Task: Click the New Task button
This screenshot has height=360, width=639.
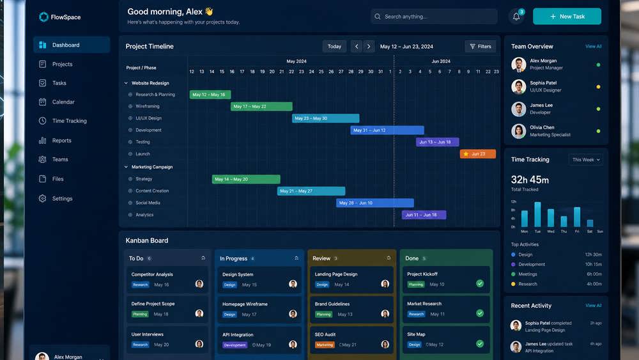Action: (x=567, y=17)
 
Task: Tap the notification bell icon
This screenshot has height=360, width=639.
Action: (x=516, y=17)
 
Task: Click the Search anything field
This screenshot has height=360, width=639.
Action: (x=434, y=17)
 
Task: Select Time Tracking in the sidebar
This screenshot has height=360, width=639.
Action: (x=69, y=121)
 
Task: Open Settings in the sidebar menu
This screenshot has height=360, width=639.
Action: (x=62, y=199)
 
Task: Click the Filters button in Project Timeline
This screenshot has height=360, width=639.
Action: (x=480, y=47)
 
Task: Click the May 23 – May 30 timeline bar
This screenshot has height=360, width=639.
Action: (x=326, y=118)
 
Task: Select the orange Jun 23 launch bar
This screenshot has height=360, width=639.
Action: (x=477, y=153)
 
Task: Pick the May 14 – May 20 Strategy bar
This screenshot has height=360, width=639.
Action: (x=246, y=179)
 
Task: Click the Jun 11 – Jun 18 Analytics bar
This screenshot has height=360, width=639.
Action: (x=424, y=215)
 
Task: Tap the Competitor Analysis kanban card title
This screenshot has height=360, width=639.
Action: (x=152, y=274)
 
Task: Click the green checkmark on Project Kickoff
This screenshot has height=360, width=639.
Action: (x=480, y=283)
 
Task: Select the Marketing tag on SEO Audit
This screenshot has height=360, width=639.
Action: (x=325, y=345)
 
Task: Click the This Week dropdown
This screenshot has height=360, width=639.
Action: (x=585, y=160)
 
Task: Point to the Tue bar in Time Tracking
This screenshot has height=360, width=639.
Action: (x=537, y=214)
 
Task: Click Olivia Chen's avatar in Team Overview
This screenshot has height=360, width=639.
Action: (x=519, y=131)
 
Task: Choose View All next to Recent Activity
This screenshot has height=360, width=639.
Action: (x=594, y=306)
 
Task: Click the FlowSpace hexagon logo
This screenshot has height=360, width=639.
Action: (x=43, y=17)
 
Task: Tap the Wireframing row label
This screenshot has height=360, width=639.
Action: (x=148, y=106)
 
